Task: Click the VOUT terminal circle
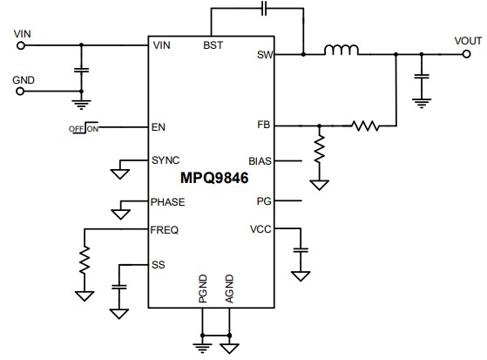(x=463, y=54)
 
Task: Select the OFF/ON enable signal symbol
(x=84, y=128)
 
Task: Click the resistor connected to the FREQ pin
(x=85, y=259)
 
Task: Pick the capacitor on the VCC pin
(x=301, y=251)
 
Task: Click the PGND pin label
(x=202, y=289)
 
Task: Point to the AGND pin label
(x=229, y=289)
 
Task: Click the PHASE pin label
(x=167, y=201)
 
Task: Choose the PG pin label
(x=265, y=201)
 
